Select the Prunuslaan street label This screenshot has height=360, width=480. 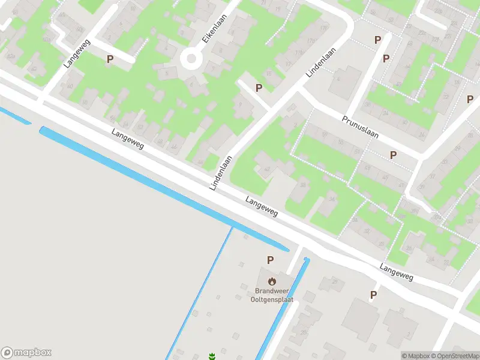(361, 127)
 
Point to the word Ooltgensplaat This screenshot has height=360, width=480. (272, 299)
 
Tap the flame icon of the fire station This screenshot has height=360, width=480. (272, 281)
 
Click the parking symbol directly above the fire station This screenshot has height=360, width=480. (271, 260)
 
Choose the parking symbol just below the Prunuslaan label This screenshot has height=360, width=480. (393, 155)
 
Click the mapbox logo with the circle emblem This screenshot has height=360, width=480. (26, 353)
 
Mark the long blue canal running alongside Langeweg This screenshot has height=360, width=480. (162, 187)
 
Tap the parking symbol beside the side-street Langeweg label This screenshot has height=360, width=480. (110, 59)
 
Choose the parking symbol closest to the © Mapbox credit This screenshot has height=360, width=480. (373, 295)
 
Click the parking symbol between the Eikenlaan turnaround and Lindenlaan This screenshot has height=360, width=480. (259, 88)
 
